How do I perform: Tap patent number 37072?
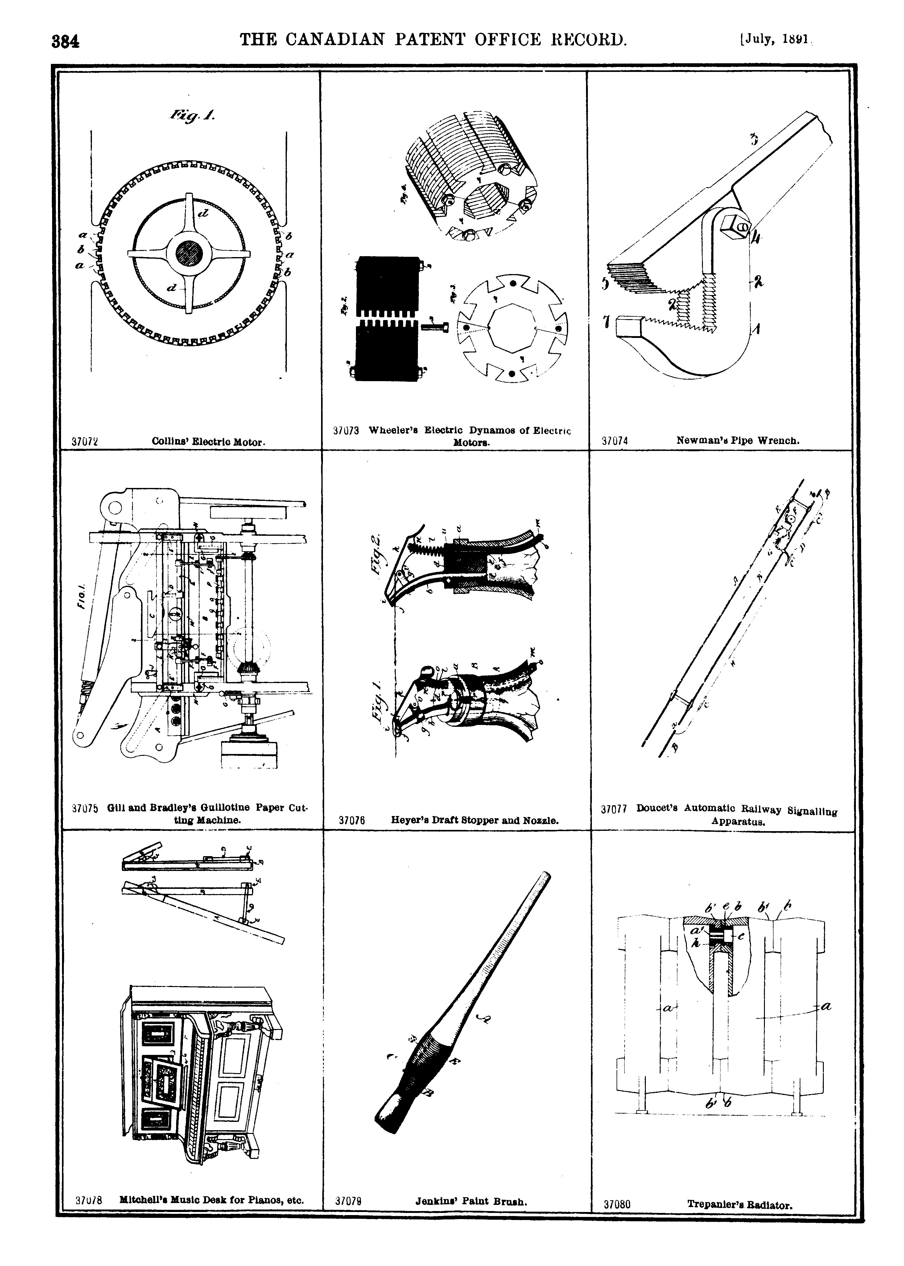click(85, 442)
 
